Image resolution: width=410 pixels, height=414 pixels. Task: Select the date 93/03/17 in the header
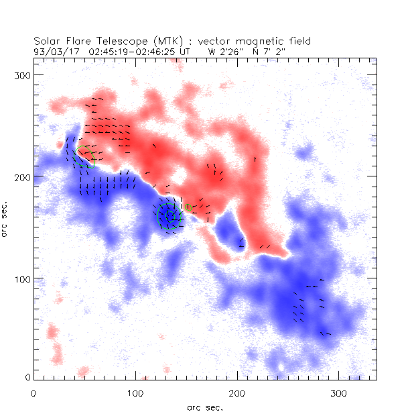click(57, 50)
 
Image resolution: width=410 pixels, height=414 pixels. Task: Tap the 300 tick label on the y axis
click(21, 74)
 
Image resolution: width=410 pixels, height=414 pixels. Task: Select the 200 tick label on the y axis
click(21, 176)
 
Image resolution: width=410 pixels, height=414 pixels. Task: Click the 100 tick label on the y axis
click(21, 278)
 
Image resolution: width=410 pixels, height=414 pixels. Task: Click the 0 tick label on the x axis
click(33, 391)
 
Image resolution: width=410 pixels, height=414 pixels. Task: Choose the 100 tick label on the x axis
click(135, 391)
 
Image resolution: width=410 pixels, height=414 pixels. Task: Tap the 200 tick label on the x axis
click(237, 391)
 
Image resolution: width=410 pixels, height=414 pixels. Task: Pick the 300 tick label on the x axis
click(339, 391)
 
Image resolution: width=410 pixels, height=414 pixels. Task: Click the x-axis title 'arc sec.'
click(205, 407)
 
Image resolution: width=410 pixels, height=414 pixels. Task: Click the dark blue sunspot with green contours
click(167, 216)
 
